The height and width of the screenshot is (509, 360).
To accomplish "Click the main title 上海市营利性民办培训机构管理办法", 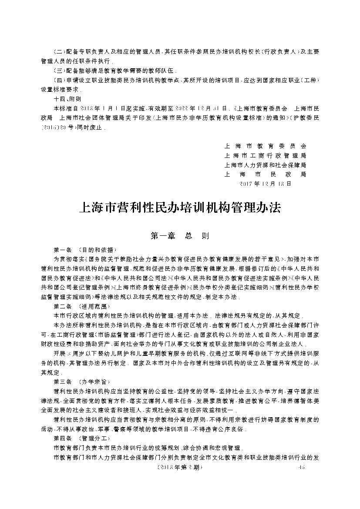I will coord(180,208).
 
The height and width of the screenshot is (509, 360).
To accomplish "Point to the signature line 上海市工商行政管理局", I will coord(265,155).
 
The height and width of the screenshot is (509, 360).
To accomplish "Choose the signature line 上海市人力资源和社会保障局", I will coord(265,165).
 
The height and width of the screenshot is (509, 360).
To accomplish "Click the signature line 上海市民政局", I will coord(265,174).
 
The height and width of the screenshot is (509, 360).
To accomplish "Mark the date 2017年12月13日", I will coord(265,184).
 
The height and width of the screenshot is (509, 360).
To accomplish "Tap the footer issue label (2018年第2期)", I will coord(180,467).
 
